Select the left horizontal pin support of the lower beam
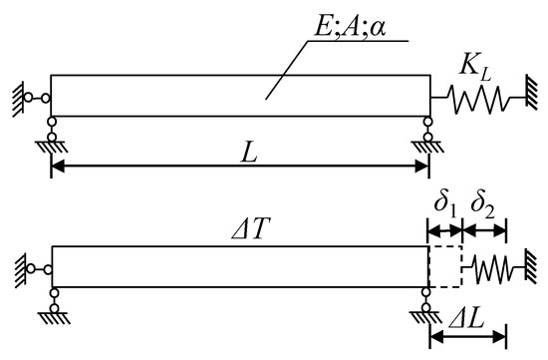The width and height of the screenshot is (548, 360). pos(36,266)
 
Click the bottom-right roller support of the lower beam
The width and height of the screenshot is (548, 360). pos(428,302)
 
